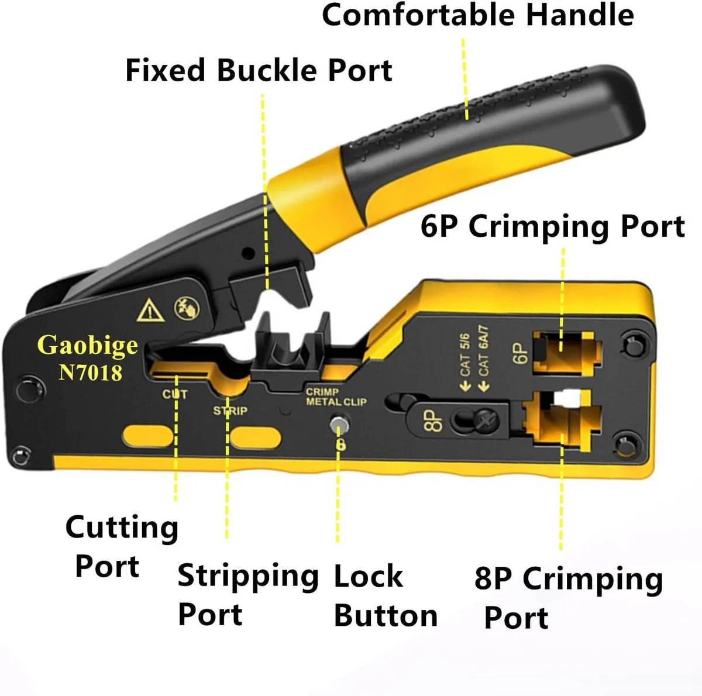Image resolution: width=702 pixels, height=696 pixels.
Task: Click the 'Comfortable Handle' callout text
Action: [477, 15]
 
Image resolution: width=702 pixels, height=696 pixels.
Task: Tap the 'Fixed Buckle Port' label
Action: [259, 70]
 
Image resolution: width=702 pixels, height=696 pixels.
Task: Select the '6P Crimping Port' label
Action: [553, 227]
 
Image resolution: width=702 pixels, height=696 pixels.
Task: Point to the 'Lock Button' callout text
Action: [386, 598]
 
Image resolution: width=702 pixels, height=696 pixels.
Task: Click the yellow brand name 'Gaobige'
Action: [87, 346]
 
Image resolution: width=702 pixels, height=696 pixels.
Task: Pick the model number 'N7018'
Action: [90, 373]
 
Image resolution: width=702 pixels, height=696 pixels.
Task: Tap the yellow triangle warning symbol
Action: [150, 311]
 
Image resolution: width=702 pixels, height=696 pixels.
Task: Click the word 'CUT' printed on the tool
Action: [175, 394]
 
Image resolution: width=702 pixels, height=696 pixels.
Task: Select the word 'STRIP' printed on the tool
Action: [230, 411]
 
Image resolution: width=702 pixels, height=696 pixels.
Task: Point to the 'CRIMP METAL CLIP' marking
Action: [336, 397]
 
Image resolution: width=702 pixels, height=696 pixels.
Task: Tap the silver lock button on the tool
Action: [339, 425]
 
